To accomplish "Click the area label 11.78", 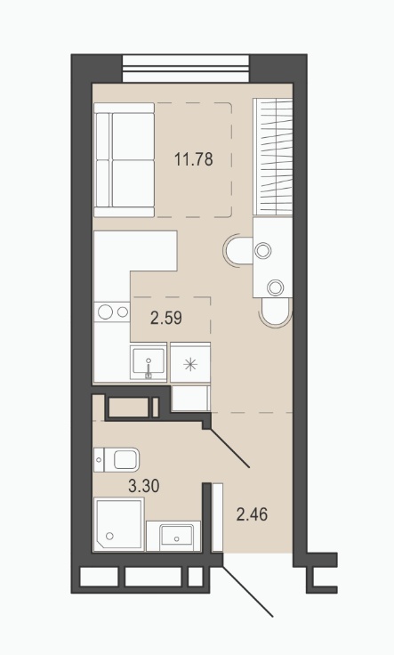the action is pos(194,159).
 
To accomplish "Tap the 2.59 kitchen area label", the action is pos(166,319).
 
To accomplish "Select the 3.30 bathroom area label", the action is pos(144,486).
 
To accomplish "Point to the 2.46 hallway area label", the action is pos(252,514).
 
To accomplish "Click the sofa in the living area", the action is pos(124,160).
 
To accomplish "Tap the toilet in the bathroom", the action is pos(117,460).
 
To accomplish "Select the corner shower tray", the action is pos(119,524).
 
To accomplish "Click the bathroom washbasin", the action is pos(173,536).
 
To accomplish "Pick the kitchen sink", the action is pos(149,361).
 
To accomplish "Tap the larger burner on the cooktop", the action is pos(105,311).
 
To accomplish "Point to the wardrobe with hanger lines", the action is pos(272,157).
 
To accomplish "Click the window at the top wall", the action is pos(186,69).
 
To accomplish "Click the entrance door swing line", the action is pos(248,592).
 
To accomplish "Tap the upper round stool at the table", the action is pos(263,251).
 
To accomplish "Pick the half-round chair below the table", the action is pos(275,312).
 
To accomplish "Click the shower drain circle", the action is pos(109,536).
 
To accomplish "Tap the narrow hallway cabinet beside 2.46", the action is pos(217,517).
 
